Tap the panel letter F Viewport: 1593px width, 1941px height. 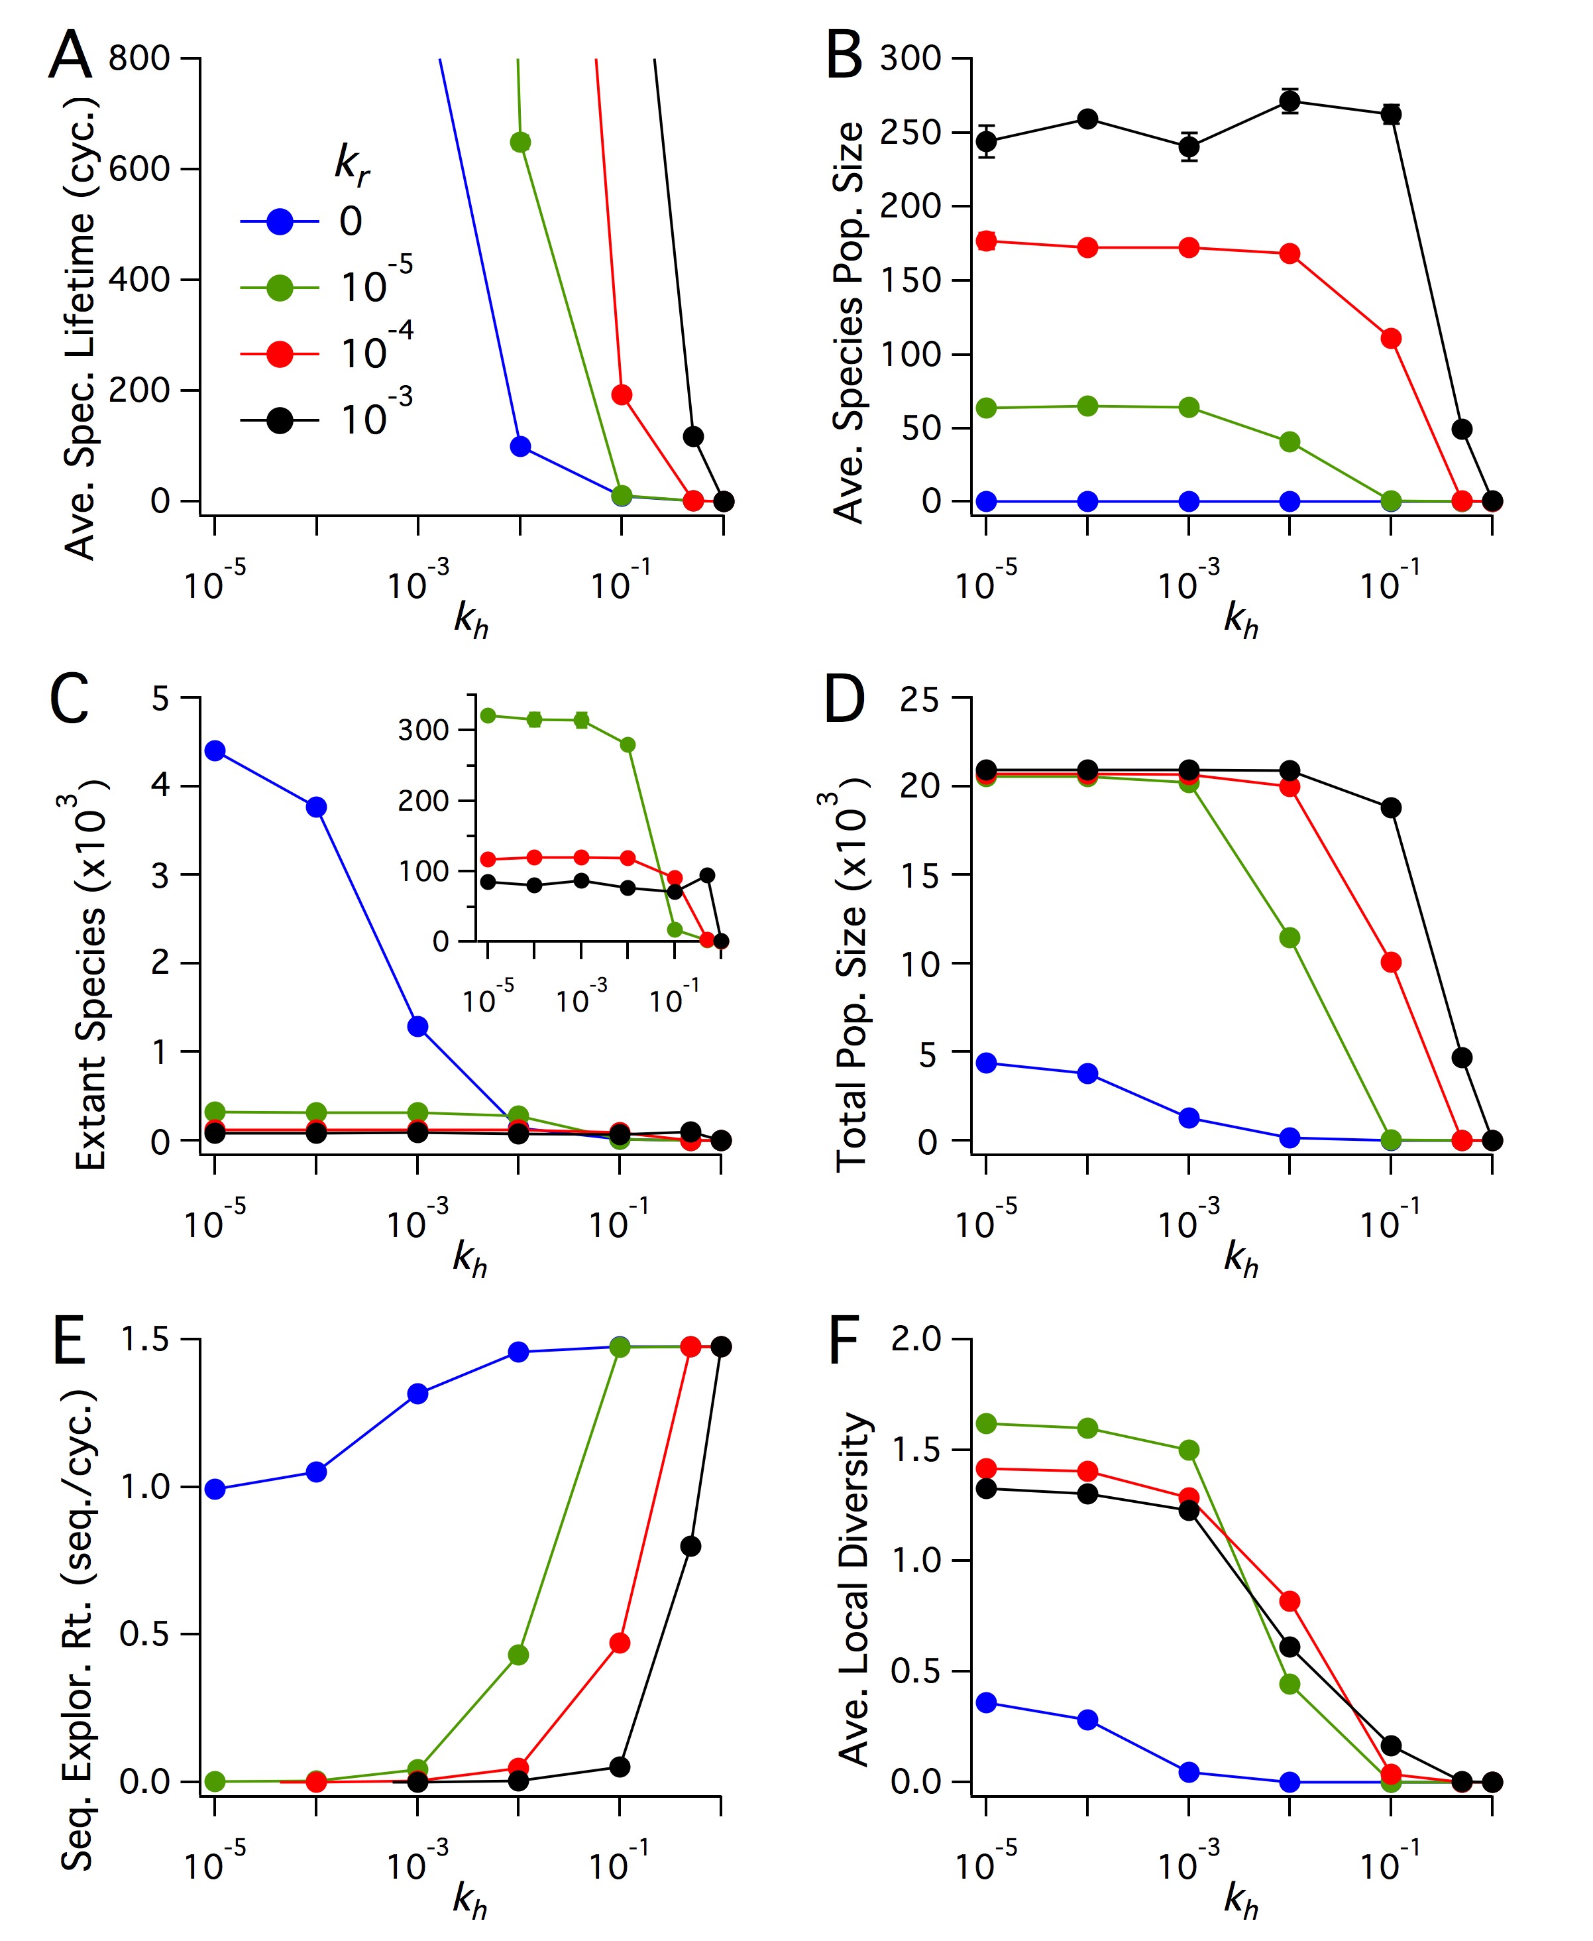(844, 1342)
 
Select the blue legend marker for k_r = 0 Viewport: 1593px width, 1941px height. (280, 221)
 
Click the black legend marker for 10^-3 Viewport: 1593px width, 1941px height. (280, 420)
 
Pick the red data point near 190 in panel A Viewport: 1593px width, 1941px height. (622, 394)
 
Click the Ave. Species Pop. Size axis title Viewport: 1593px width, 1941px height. (849, 322)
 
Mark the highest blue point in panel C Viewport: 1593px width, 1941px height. (215, 750)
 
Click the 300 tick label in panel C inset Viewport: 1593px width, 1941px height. (423, 731)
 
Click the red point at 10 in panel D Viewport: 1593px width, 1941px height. (1391, 962)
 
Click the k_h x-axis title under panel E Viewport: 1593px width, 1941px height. (470, 1898)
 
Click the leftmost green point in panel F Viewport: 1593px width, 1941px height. (987, 1423)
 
